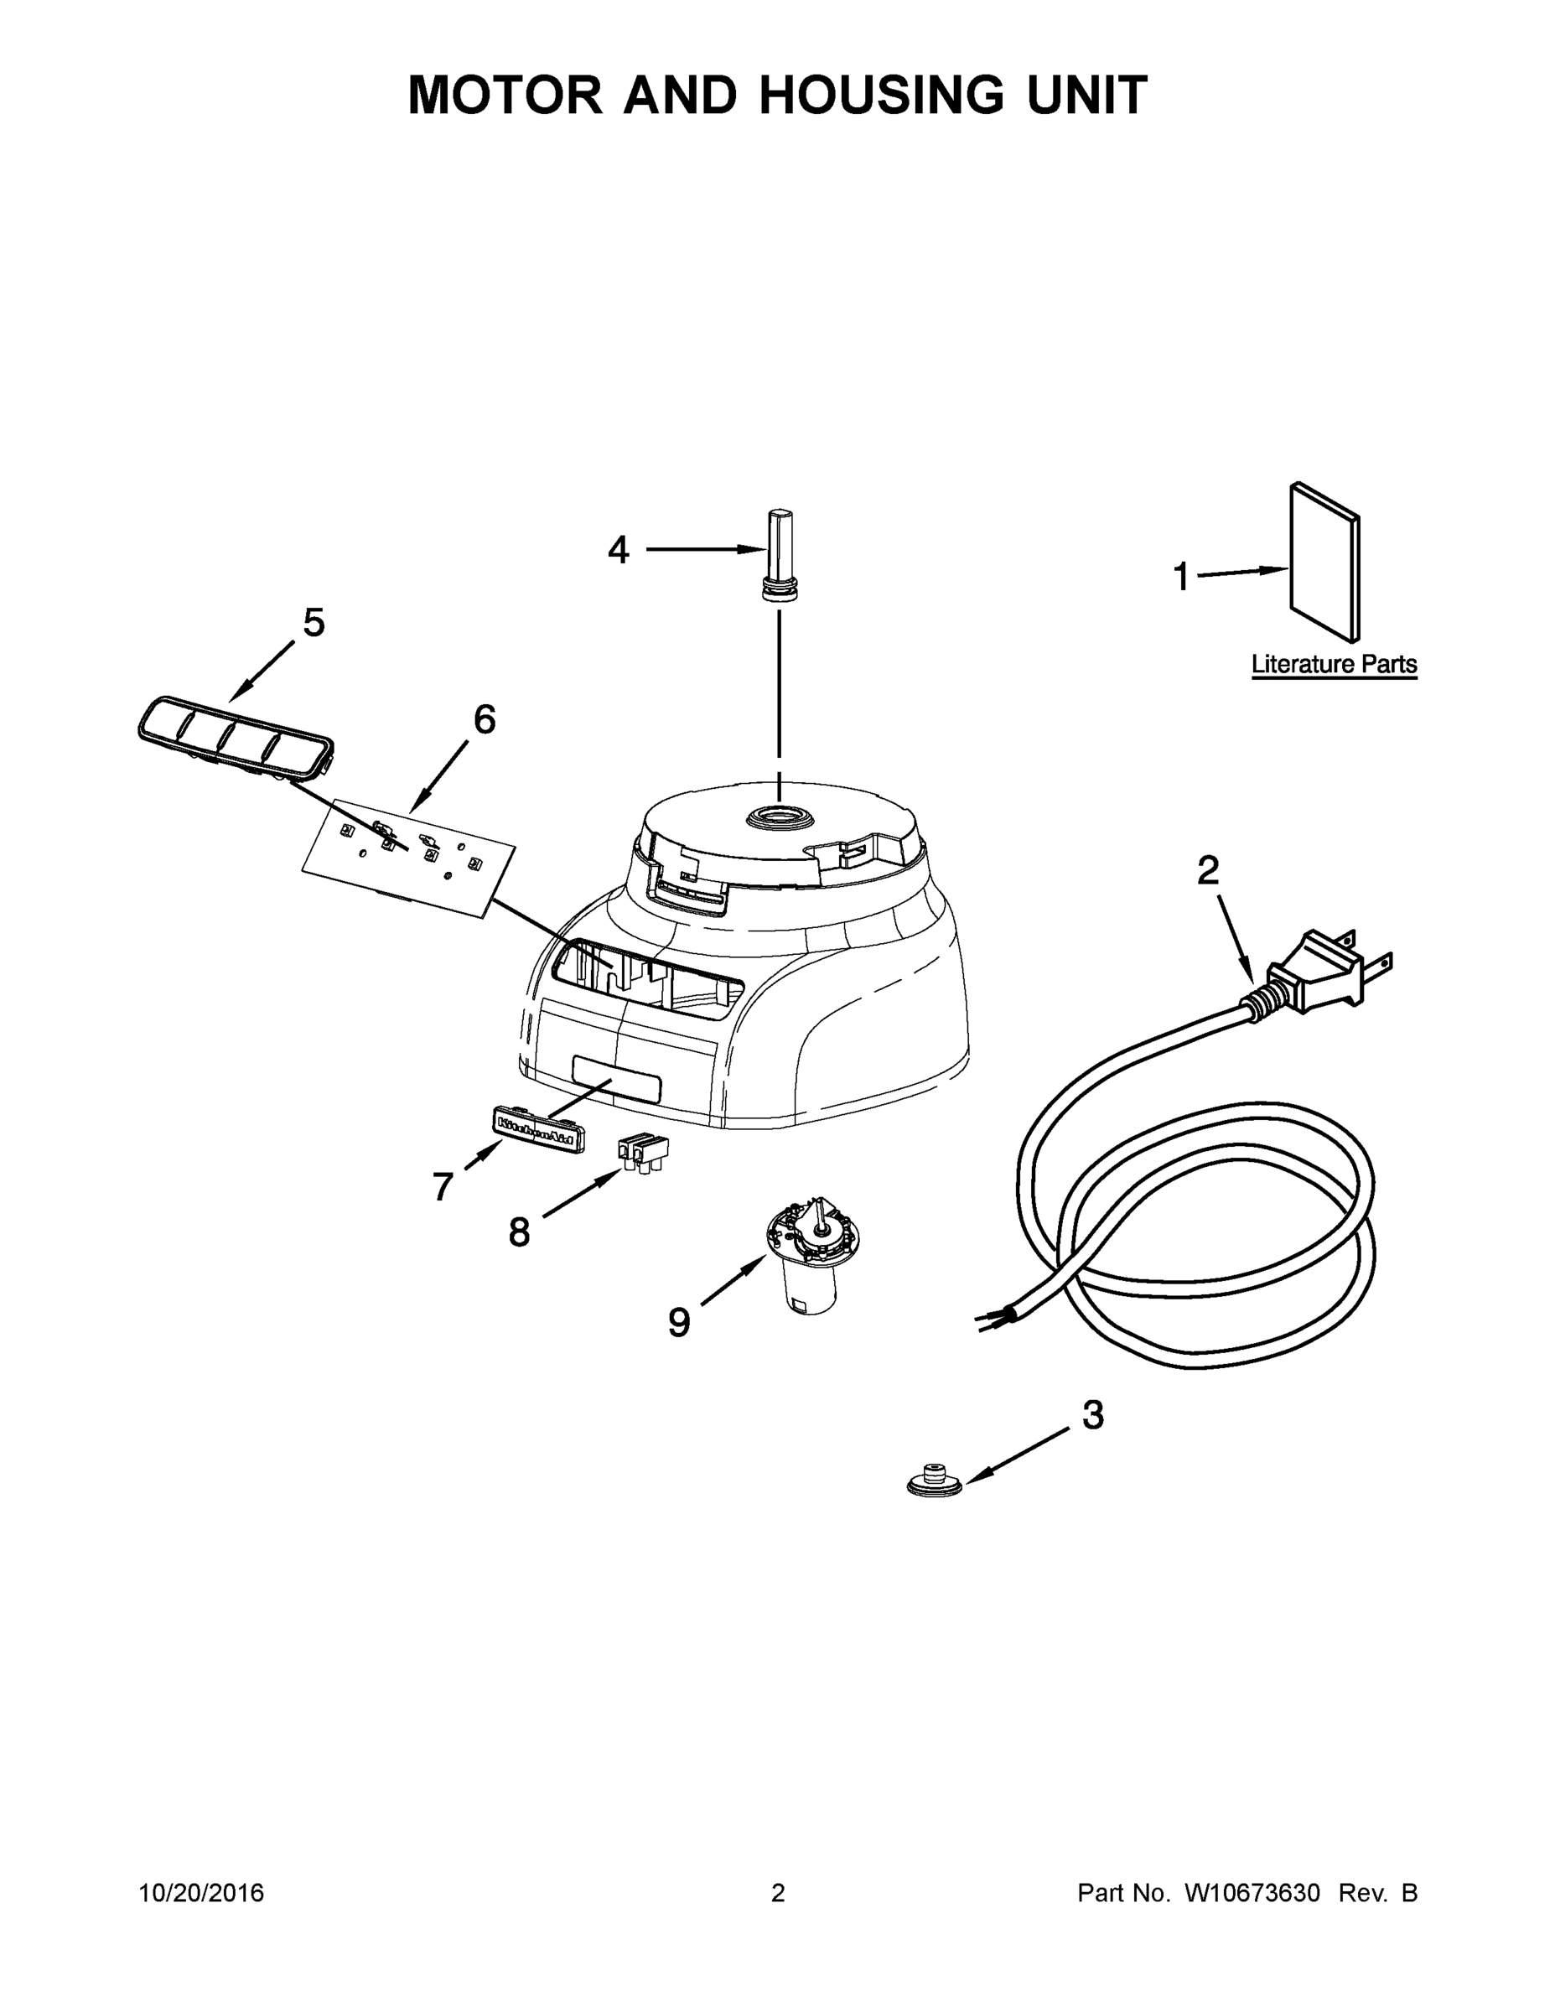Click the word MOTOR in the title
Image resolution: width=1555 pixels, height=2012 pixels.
505,94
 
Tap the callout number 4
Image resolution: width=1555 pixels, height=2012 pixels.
618,551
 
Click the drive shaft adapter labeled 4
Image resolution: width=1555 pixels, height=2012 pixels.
780,552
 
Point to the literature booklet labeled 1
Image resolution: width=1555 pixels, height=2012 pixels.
1324,562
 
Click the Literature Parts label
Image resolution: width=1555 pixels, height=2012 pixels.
1333,664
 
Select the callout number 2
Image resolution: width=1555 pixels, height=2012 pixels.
1208,870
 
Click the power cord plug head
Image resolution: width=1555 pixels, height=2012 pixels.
1319,972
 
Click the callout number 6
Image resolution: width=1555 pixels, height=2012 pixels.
485,719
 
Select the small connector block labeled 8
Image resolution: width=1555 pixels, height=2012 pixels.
643,1152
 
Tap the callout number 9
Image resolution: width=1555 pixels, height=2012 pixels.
679,1323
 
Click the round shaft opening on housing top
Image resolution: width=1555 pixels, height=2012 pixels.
780,814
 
